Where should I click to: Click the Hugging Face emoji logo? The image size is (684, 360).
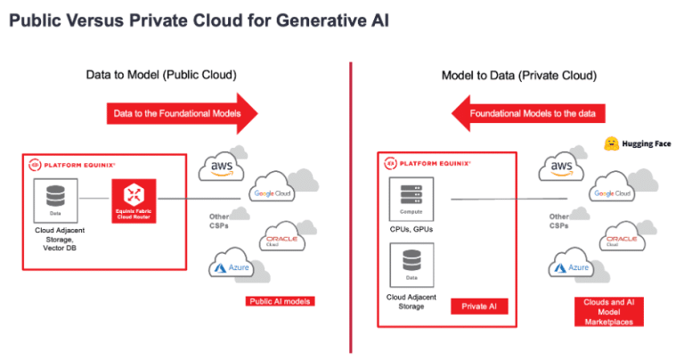[611, 143]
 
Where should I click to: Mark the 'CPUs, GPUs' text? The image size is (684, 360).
[411, 229]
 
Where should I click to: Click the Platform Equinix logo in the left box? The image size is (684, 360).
[71, 164]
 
